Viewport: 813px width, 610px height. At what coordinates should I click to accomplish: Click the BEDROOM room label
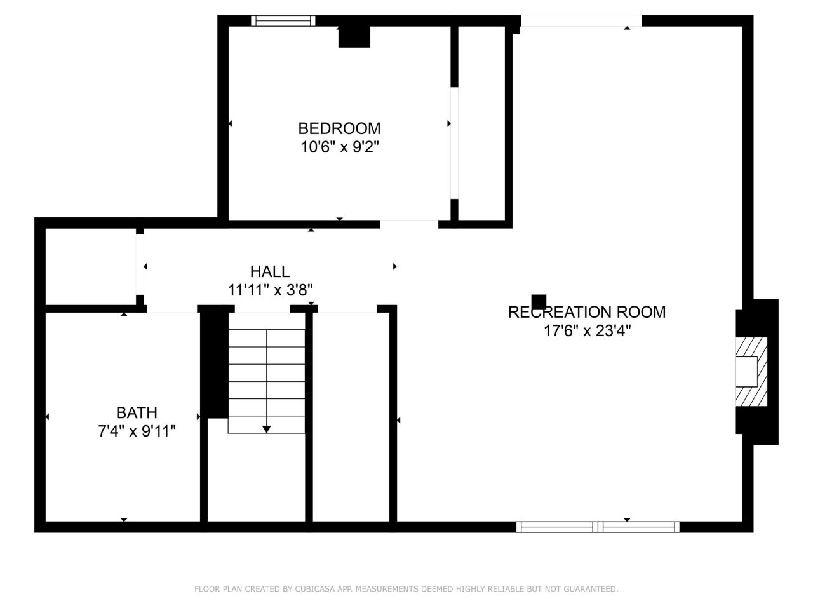339,128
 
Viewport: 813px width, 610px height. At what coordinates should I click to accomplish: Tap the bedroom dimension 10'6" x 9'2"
340,147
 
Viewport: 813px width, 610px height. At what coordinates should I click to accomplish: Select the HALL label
270,271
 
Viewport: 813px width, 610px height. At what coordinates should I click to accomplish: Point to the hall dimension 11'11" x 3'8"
270,290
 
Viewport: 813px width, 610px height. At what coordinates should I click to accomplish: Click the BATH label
137,412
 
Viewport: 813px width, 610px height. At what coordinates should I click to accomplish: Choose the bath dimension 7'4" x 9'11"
137,431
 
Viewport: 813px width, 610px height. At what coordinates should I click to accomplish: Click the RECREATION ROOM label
587,312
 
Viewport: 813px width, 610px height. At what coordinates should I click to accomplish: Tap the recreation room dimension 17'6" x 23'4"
587,330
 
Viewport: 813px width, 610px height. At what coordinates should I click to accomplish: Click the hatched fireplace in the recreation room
751,372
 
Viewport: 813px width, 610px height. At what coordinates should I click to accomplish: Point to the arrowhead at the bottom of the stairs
266,430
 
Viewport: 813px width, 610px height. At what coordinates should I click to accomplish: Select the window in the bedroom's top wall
283,21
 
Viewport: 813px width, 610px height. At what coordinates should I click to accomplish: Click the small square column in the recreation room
539,302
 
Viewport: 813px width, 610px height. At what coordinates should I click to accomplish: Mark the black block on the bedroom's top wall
354,37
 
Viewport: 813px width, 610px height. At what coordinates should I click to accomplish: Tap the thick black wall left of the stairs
214,365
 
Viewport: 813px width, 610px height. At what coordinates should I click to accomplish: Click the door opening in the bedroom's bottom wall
409,224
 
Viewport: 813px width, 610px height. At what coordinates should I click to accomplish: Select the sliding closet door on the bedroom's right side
455,143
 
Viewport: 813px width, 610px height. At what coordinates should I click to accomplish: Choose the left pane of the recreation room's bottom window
556,527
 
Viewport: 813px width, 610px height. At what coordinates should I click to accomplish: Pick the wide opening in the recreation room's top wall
581,21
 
